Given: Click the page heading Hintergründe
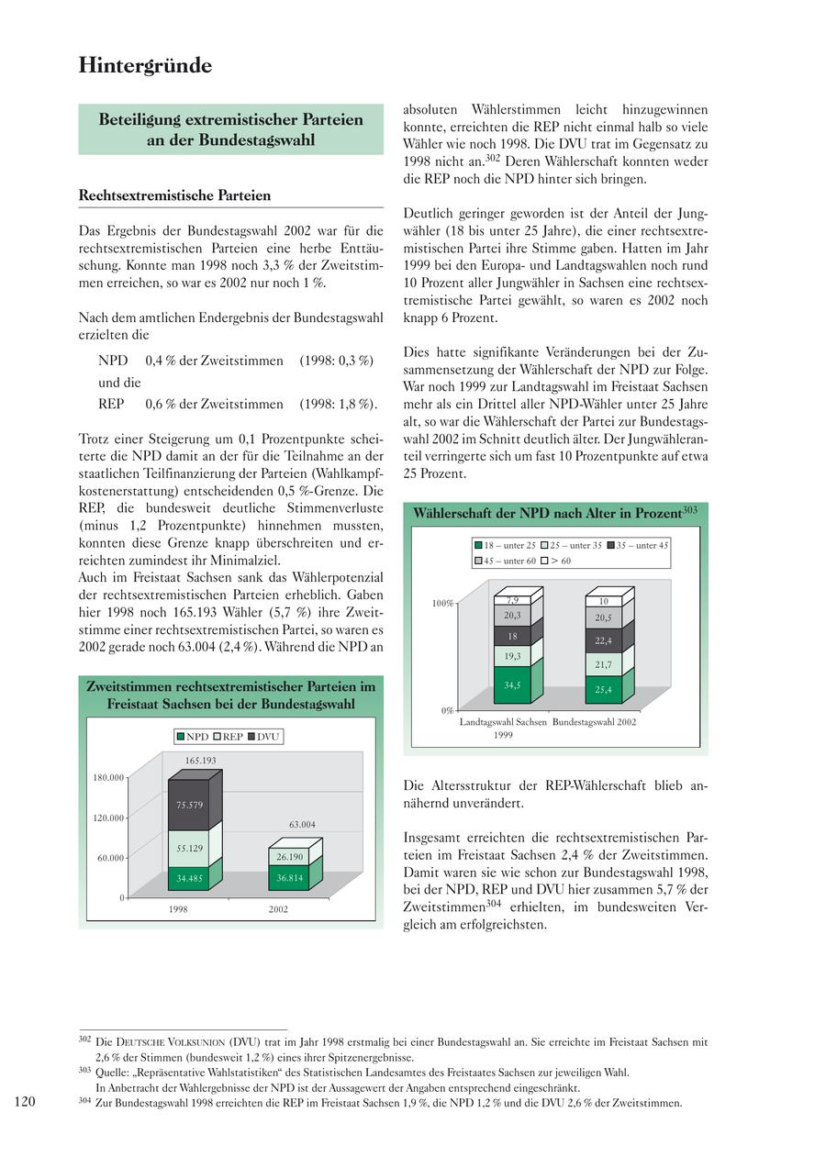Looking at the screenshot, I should [145, 65].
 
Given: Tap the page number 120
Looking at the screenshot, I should [25, 1101].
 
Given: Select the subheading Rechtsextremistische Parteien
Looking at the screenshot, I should [174, 195].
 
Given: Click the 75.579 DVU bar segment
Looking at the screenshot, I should [189, 805].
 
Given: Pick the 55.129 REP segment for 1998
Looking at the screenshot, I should [189, 849].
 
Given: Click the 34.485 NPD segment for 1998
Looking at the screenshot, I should [189, 878].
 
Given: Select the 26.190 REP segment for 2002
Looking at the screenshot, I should [289, 857].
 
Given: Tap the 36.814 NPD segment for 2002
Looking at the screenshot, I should [289, 878].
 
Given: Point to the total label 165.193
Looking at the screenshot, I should [200, 761].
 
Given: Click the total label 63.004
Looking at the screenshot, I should [302, 825].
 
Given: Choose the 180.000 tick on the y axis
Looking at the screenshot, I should [107, 778].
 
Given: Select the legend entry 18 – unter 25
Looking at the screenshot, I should [506, 545].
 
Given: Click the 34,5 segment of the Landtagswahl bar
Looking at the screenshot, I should [512, 684].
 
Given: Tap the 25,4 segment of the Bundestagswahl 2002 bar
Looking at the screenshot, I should [603, 690].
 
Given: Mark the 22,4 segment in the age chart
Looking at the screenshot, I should [603, 640].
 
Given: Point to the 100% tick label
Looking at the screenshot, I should [442, 604].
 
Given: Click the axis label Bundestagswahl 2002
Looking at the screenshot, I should [594, 722].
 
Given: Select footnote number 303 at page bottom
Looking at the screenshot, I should [84, 1070].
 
